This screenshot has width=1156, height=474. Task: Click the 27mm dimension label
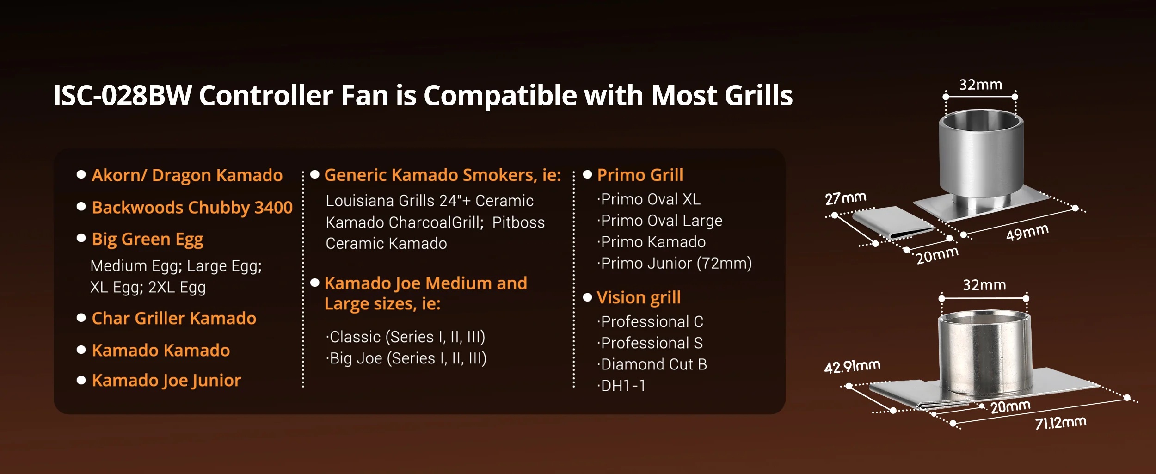point(846,198)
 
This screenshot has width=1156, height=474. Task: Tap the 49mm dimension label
point(1027,232)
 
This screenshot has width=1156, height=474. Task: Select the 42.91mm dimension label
point(852,366)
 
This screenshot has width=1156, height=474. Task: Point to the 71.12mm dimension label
point(1061,423)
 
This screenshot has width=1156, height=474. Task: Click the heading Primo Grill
point(640,175)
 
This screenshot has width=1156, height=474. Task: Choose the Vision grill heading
point(639,297)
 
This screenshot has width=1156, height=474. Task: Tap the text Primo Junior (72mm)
point(675,263)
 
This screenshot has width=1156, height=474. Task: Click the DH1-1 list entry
point(621,385)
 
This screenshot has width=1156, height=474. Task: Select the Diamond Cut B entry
point(652,364)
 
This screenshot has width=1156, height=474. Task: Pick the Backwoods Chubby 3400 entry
point(192,208)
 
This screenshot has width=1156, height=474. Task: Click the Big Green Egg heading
point(148,240)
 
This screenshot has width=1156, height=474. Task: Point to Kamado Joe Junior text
point(166,381)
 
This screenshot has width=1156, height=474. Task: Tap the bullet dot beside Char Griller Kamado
point(81,318)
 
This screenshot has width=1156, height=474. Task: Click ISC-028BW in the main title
point(123,95)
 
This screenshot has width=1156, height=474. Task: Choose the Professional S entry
point(650,343)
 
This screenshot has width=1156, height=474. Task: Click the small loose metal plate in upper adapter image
point(892,222)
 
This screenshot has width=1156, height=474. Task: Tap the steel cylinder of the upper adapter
point(981,157)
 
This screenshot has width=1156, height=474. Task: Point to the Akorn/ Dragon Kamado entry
point(187,175)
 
